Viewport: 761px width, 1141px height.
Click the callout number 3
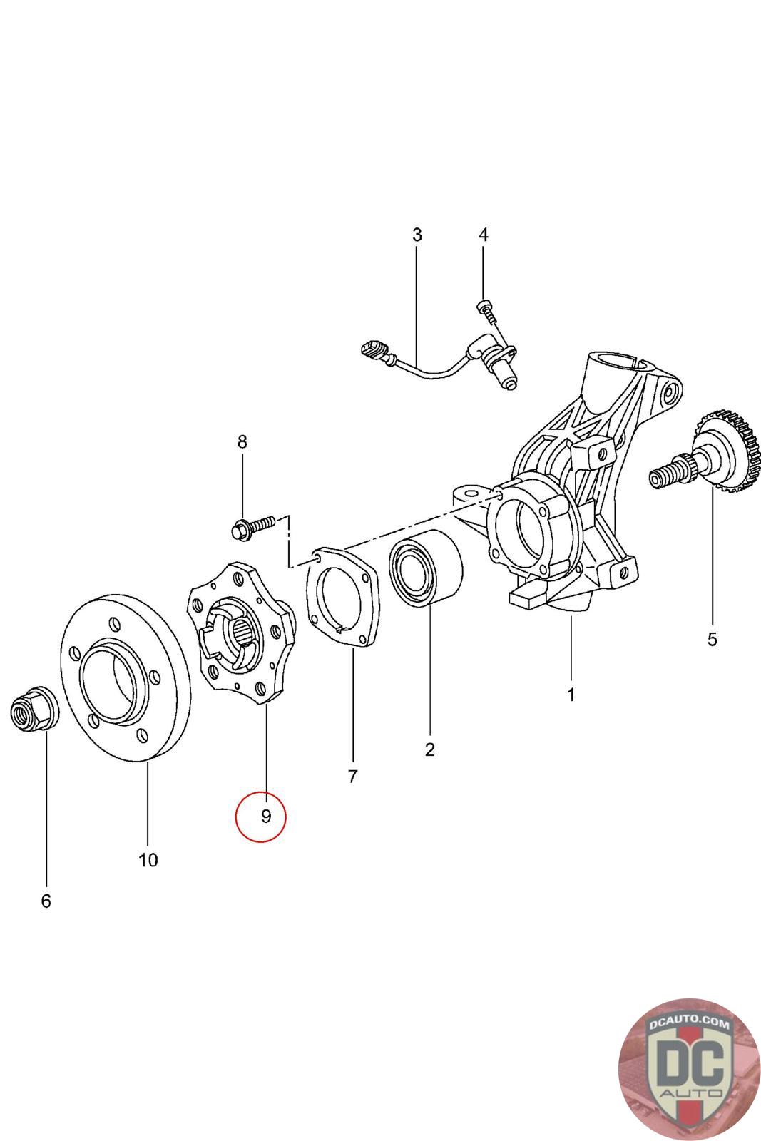click(x=417, y=235)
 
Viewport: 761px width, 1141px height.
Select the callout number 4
click(x=484, y=235)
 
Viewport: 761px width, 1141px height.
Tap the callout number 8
click(x=242, y=441)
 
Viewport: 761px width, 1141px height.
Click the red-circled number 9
click(x=266, y=816)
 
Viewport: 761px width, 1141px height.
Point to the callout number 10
click(x=148, y=860)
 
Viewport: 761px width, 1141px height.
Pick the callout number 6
click(x=46, y=901)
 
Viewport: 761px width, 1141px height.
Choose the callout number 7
click(x=352, y=777)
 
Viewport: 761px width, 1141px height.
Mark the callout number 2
click(x=430, y=749)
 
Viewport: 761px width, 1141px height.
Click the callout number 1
click(x=571, y=695)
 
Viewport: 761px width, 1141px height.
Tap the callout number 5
click(x=712, y=639)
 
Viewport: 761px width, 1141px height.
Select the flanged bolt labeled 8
click(x=253, y=527)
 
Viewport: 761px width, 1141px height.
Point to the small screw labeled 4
click(x=486, y=311)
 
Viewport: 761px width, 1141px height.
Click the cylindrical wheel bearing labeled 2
click(x=425, y=568)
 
